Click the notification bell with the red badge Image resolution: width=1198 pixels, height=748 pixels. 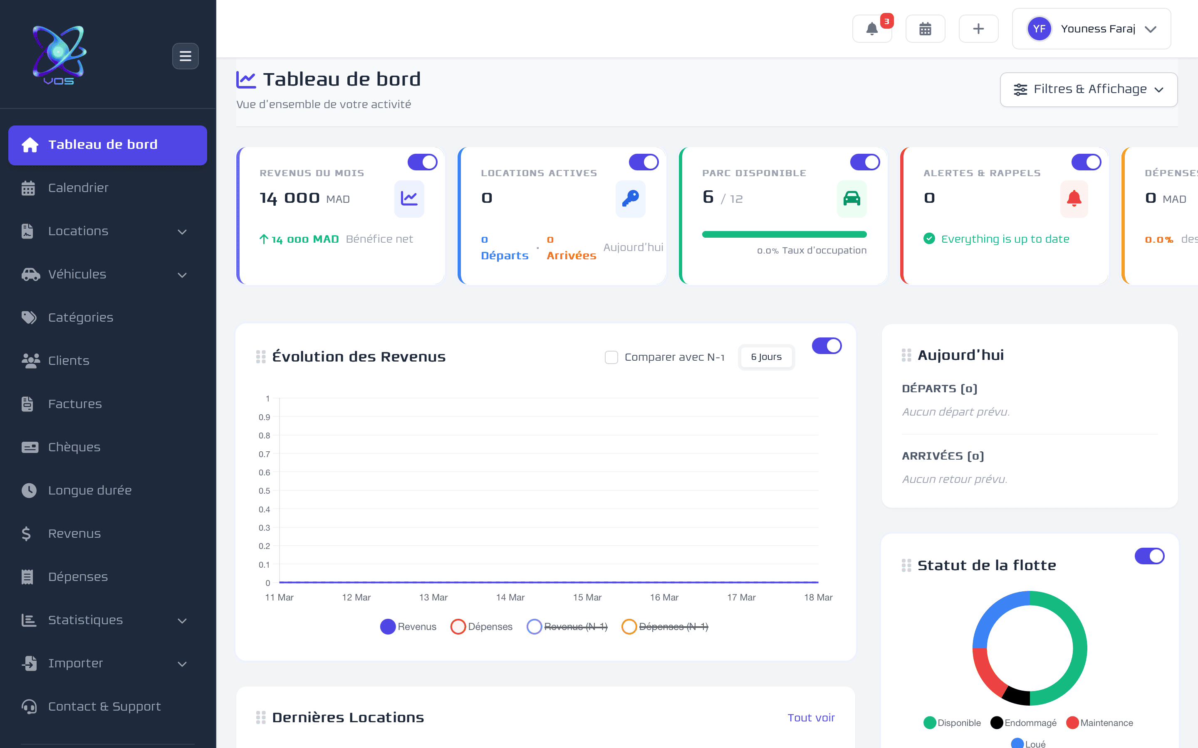click(x=872, y=29)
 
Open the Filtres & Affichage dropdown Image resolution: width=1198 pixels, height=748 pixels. click(x=1088, y=89)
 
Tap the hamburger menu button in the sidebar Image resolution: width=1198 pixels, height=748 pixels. click(x=185, y=56)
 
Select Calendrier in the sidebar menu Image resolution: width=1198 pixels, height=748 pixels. click(x=78, y=188)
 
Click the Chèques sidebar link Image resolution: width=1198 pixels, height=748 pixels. click(x=74, y=447)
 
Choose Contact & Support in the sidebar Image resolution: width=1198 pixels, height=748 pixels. click(x=104, y=706)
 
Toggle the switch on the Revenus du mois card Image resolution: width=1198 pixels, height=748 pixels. click(x=422, y=162)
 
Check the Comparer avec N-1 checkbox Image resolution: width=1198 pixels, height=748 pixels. click(x=611, y=357)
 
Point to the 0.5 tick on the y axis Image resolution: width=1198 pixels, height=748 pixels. click(x=265, y=491)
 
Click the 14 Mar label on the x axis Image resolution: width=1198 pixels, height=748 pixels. click(x=510, y=598)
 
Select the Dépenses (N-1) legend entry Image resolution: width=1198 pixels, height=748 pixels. click(x=665, y=627)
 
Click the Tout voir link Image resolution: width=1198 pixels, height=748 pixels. click(x=811, y=718)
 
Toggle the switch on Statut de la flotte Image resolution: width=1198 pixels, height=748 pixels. click(x=1149, y=556)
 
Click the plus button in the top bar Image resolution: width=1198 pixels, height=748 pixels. click(x=978, y=29)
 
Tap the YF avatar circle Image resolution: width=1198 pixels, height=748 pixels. click(x=1039, y=29)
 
